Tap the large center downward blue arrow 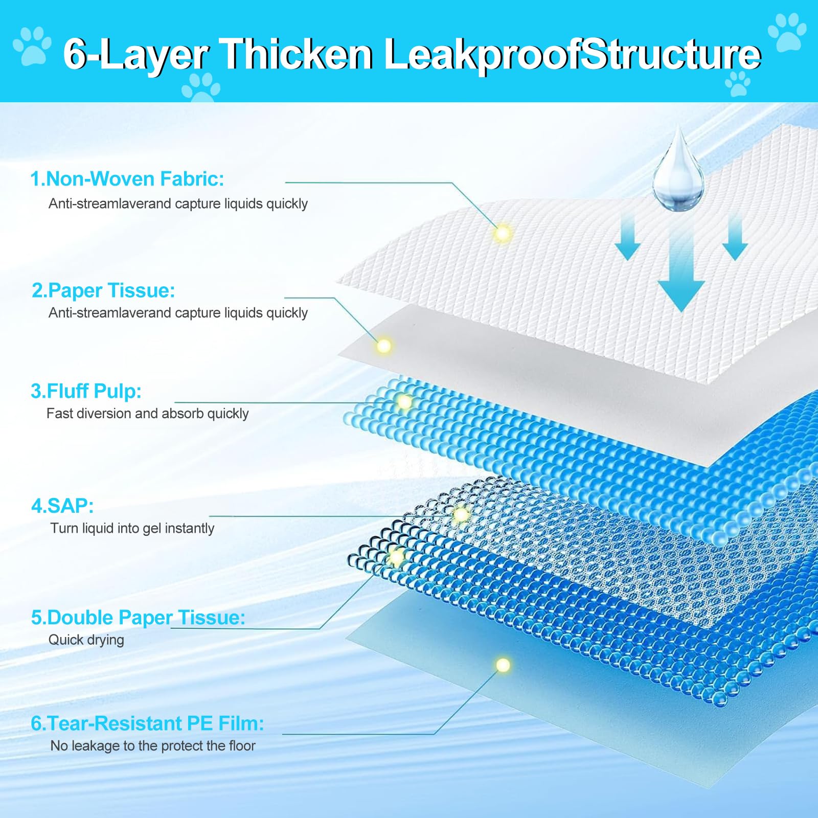(x=681, y=271)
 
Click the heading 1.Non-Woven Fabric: (x=127, y=179)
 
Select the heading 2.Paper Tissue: (x=103, y=290)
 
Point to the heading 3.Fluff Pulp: (x=86, y=391)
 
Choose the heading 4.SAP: (x=62, y=506)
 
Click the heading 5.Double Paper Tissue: (x=138, y=618)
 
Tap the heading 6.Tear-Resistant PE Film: (x=147, y=723)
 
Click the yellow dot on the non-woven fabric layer (x=503, y=233)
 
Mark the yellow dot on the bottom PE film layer (x=503, y=665)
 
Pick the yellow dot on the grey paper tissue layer (x=383, y=346)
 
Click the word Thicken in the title (x=298, y=54)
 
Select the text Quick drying (x=86, y=640)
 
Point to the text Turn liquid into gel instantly (x=132, y=528)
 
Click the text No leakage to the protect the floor (x=153, y=746)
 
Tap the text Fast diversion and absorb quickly (x=148, y=413)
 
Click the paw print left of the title (x=32, y=46)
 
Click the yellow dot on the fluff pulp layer (x=404, y=402)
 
